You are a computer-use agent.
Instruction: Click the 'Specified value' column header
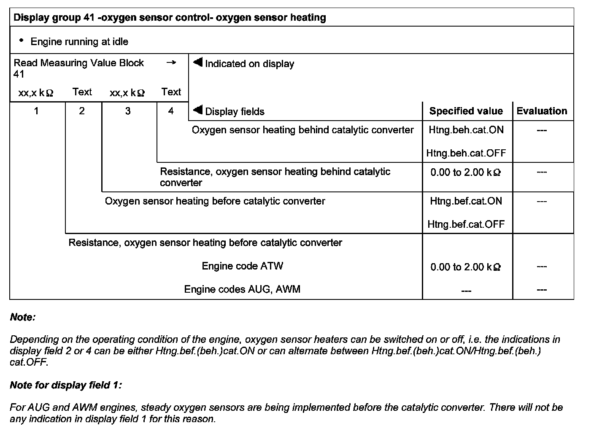pyautogui.click(x=466, y=111)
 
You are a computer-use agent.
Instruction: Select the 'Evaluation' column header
pyautogui.click(x=542, y=111)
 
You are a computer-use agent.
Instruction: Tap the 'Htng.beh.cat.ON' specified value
pyautogui.click(x=466, y=130)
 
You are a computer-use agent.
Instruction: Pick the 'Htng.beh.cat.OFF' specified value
pyautogui.click(x=466, y=153)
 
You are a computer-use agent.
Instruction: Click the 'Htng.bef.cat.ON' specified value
pyautogui.click(x=466, y=201)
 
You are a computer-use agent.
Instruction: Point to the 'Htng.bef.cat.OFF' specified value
pyautogui.click(x=466, y=224)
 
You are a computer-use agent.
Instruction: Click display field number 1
pyautogui.click(x=36, y=111)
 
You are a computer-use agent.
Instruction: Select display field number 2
pyautogui.click(x=82, y=111)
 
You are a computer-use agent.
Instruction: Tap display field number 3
pyautogui.click(x=128, y=111)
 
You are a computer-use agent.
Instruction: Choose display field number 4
pyautogui.click(x=171, y=111)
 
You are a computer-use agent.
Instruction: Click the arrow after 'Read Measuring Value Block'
pyautogui.click(x=171, y=62)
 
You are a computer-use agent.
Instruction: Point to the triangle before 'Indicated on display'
pyautogui.click(x=197, y=63)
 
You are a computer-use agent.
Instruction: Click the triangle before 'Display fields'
pyautogui.click(x=197, y=110)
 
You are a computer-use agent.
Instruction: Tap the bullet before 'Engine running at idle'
pyautogui.click(x=21, y=40)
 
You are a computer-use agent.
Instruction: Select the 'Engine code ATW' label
pyautogui.click(x=242, y=266)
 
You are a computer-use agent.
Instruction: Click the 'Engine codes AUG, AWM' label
pyautogui.click(x=242, y=289)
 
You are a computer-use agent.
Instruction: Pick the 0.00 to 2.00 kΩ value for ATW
pyautogui.click(x=465, y=267)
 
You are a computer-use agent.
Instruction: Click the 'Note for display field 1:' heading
pyautogui.click(x=66, y=385)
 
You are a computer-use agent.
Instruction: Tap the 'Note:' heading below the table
pyautogui.click(x=23, y=317)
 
